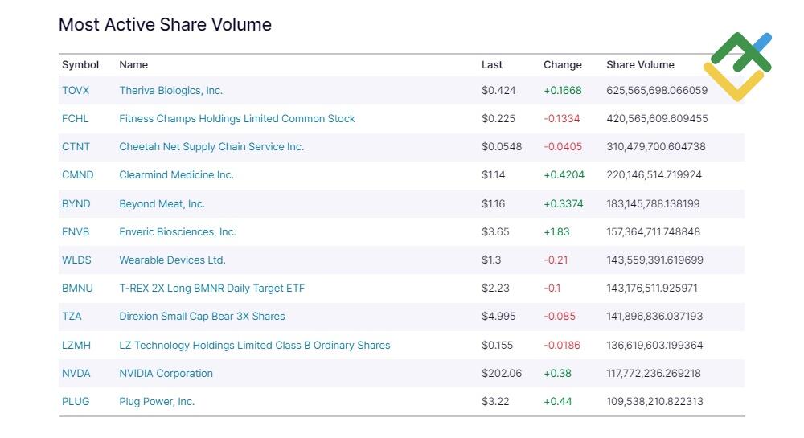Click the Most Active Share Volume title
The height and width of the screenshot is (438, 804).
pyautogui.click(x=165, y=25)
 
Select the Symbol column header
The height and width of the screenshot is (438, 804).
pyautogui.click(x=80, y=65)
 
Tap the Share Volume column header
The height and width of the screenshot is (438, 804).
pyautogui.click(x=640, y=64)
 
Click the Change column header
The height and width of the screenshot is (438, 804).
pyautogui.click(x=563, y=64)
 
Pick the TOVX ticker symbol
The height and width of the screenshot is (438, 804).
pyautogui.click(x=76, y=91)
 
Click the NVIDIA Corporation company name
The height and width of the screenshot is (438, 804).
pyautogui.click(x=166, y=374)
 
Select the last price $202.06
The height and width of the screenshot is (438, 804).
pyautogui.click(x=502, y=374)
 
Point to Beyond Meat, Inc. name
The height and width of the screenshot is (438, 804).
pyautogui.click(x=162, y=204)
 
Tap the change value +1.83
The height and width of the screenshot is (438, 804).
pyautogui.click(x=556, y=232)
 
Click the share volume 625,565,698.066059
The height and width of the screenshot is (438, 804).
pyautogui.click(x=657, y=91)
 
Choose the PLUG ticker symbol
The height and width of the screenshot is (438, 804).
pyautogui.click(x=76, y=402)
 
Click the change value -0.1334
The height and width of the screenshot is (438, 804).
pyautogui.click(x=561, y=119)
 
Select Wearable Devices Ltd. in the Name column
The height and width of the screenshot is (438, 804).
pyautogui.click(x=172, y=260)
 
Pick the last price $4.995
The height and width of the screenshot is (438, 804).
pyautogui.click(x=498, y=317)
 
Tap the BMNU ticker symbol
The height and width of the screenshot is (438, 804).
pyautogui.click(x=77, y=289)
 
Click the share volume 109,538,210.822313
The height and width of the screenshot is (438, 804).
pyautogui.click(x=654, y=402)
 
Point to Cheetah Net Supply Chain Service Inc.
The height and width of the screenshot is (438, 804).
pyautogui.click(x=211, y=147)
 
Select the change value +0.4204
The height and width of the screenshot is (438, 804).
pyautogui.click(x=564, y=175)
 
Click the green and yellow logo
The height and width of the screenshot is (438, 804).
pyautogui.click(x=738, y=67)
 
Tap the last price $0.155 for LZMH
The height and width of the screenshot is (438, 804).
pyautogui.click(x=497, y=346)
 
